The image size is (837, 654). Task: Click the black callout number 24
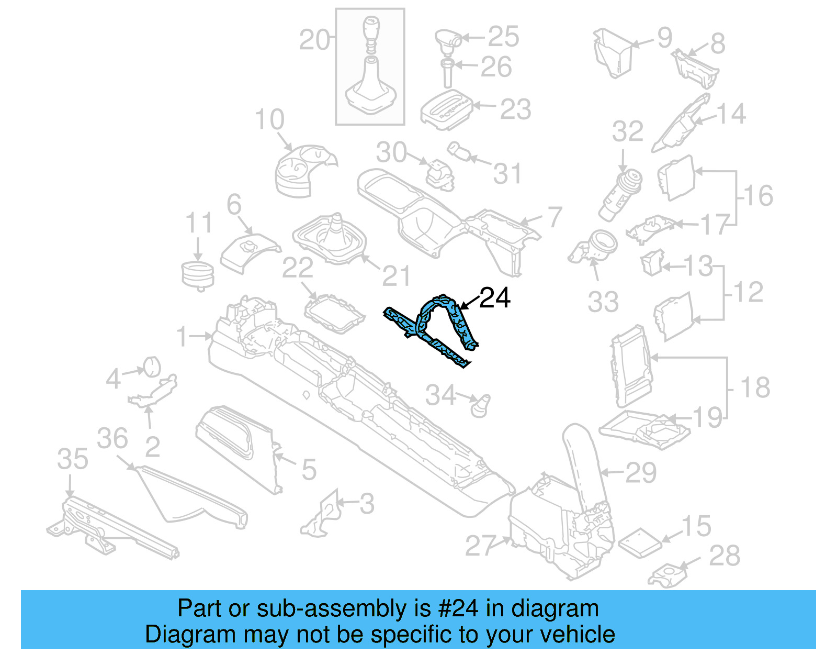494,298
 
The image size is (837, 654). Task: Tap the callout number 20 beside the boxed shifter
314,40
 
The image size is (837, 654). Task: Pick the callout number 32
627,131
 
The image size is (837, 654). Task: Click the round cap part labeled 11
198,274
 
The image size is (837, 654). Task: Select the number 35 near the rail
73,460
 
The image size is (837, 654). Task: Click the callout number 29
640,473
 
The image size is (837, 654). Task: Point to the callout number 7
554,217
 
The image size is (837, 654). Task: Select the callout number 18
755,388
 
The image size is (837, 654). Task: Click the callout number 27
480,546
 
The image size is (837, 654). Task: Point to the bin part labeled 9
613,52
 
